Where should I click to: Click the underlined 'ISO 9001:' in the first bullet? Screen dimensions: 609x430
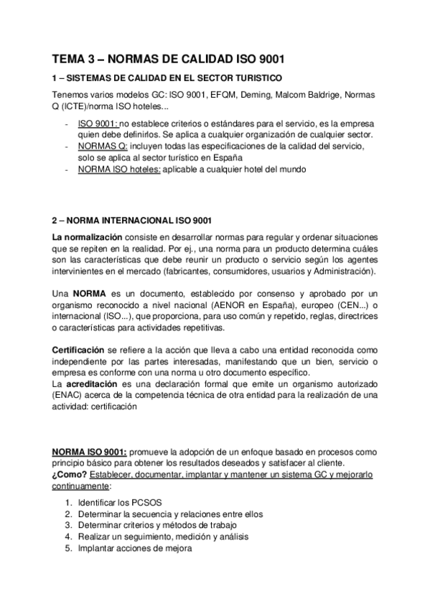98,124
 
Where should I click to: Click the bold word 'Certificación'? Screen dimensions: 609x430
79,349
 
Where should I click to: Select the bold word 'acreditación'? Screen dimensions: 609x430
93,383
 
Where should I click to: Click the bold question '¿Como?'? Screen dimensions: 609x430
70,475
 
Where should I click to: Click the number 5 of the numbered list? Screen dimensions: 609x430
67,549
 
